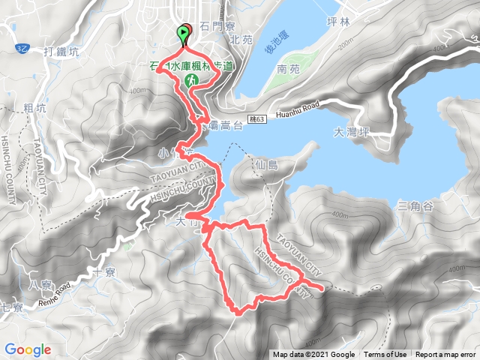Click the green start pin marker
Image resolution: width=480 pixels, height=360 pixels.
click(x=182, y=34)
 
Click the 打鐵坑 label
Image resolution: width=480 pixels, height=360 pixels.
click(x=61, y=51)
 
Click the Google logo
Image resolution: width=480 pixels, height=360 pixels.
click(x=28, y=349)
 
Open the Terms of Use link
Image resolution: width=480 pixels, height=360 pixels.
click(x=385, y=355)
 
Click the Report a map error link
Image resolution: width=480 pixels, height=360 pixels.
click(x=445, y=355)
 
